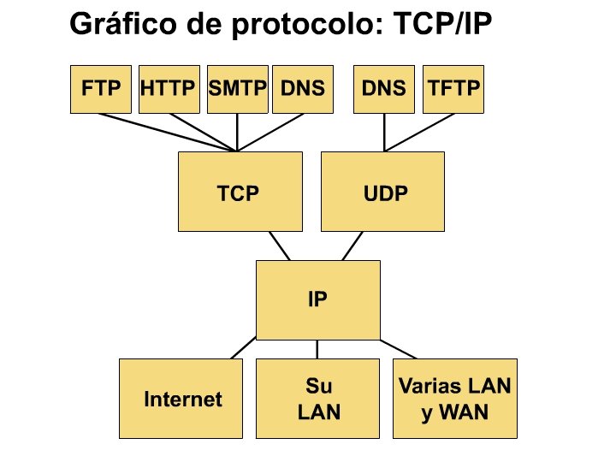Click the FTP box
pyautogui.click(x=100, y=89)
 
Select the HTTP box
pyautogui.click(x=169, y=89)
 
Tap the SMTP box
pyautogui.click(x=238, y=89)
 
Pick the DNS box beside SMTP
pyautogui.click(x=302, y=89)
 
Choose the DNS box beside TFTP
pyautogui.click(x=384, y=89)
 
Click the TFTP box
pyautogui.click(x=453, y=89)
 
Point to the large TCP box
pyautogui.click(x=239, y=192)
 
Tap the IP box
pyautogui.click(x=317, y=299)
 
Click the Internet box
pyautogui.click(x=182, y=398)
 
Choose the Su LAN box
pyautogui.click(x=318, y=398)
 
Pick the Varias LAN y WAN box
pyautogui.click(x=455, y=398)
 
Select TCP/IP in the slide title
pyautogui.click(x=446, y=24)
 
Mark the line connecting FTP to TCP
pyautogui.click(x=171, y=131)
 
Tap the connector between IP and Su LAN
pyautogui.click(x=317, y=349)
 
